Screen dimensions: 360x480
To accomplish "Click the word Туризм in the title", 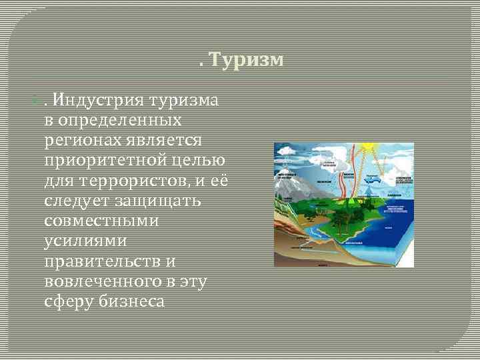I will point(247,61).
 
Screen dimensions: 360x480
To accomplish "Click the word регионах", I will point(81,141).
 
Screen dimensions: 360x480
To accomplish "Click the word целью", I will point(198,161).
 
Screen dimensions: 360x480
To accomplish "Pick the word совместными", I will point(101,221).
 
